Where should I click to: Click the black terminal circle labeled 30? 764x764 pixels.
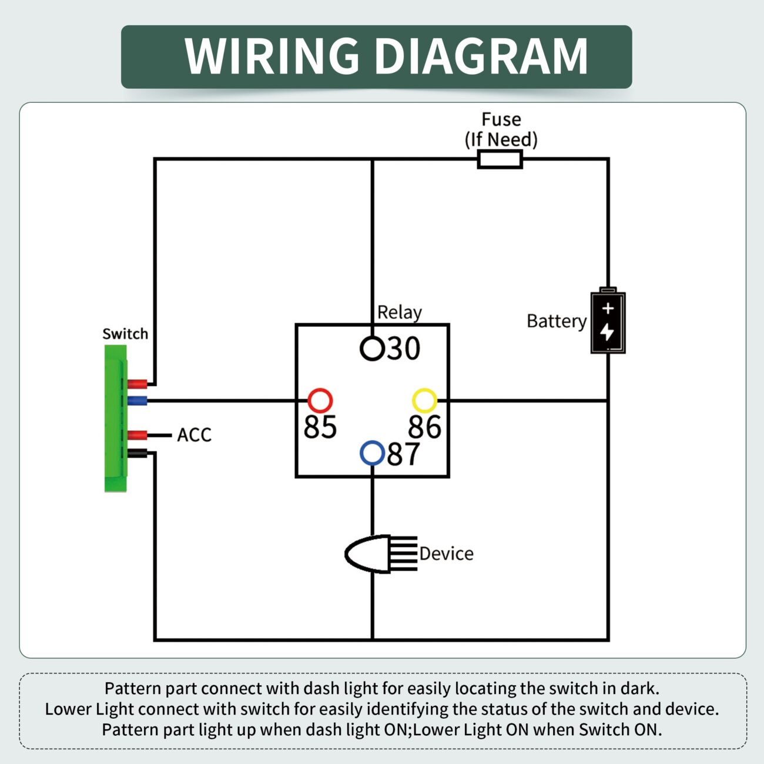372,349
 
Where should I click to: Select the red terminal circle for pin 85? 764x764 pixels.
320,401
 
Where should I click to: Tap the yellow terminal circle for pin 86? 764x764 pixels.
424,401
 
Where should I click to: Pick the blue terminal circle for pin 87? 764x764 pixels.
372,453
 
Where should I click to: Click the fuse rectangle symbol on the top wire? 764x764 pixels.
500,159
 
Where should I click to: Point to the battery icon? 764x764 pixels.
608,321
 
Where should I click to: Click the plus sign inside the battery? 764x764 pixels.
608,308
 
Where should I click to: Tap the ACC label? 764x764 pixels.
194,435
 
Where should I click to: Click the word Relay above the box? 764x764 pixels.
399,313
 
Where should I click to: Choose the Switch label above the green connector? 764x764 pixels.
125,334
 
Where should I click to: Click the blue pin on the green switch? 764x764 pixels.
137,401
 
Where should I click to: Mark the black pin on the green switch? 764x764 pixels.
137,453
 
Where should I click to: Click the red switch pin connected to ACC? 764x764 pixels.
137,435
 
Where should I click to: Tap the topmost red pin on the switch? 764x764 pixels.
137,384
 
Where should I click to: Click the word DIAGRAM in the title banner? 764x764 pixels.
481,56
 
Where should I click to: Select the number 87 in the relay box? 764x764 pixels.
403,454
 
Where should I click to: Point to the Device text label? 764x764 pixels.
446,554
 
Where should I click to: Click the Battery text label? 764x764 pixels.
556,321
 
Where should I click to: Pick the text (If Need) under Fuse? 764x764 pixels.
501,140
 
